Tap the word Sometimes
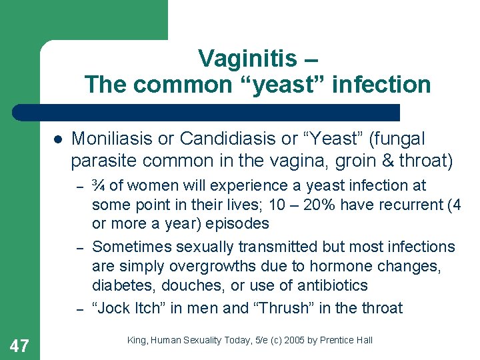tap(130, 247)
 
